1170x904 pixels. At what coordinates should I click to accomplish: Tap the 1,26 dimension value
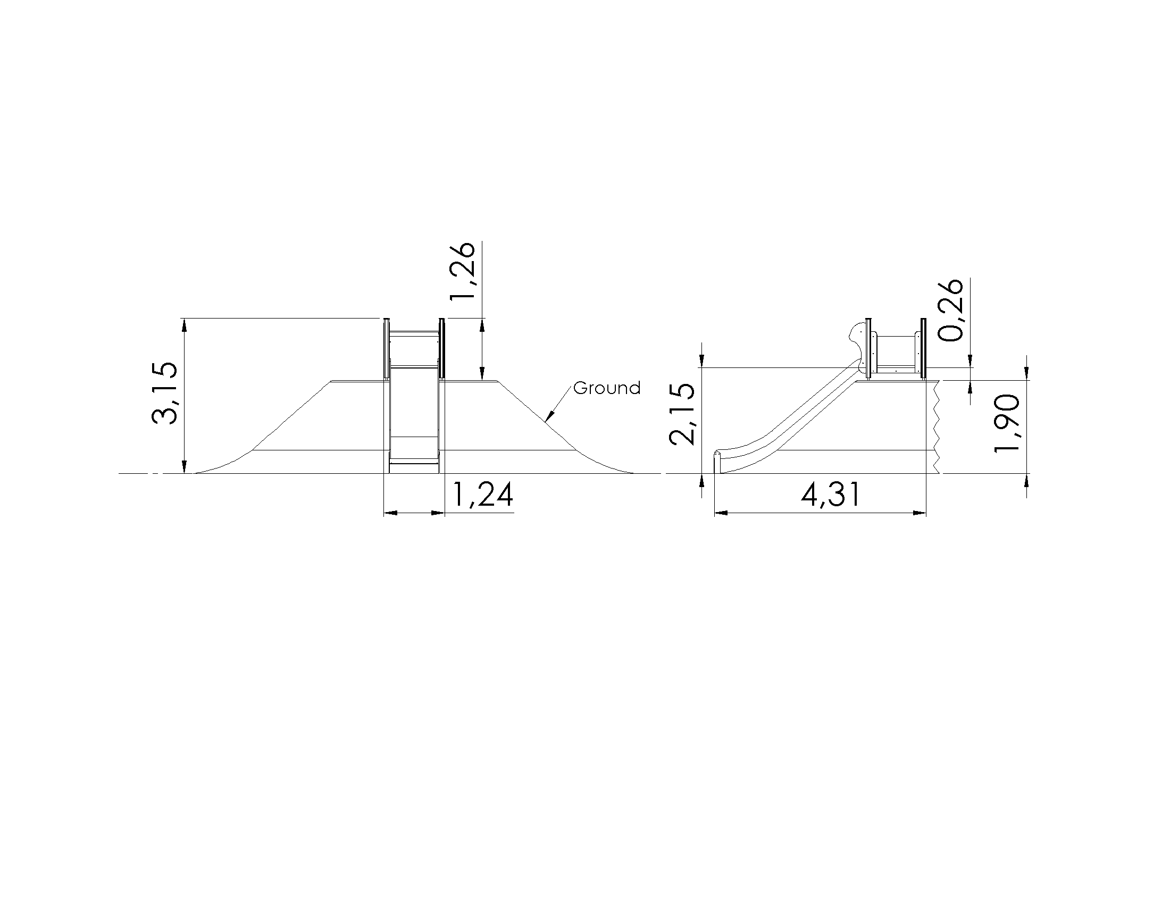(461, 272)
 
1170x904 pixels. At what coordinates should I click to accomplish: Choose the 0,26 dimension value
(951, 310)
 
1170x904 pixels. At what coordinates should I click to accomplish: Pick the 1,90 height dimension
(1006, 423)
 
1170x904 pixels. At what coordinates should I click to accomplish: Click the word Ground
(607, 388)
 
